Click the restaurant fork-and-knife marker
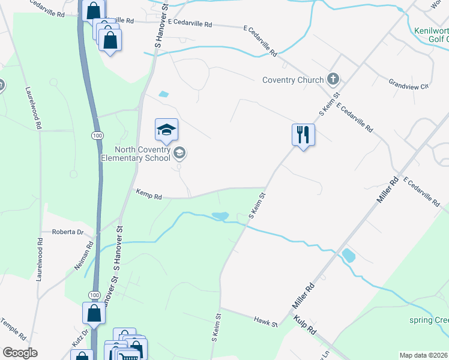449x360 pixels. pyautogui.click(x=304, y=134)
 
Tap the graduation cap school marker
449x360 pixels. pyautogui.click(x=166, y=128)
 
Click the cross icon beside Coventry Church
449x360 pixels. pyautogui.click(x=333, y=79)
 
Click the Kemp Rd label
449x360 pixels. pyautogui.click(x=149, y=196)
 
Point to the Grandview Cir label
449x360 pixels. pyautogui.click(x=408, y=84)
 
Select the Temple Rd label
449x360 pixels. pyautogui.click(x=14, y=329)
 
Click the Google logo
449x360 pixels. pyautogui.click(x=20, y=353)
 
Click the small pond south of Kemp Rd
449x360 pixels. pyautogui.click(x=220, y=215)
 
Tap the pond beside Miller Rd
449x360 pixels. pyautogui.click(x=348, y=256)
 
